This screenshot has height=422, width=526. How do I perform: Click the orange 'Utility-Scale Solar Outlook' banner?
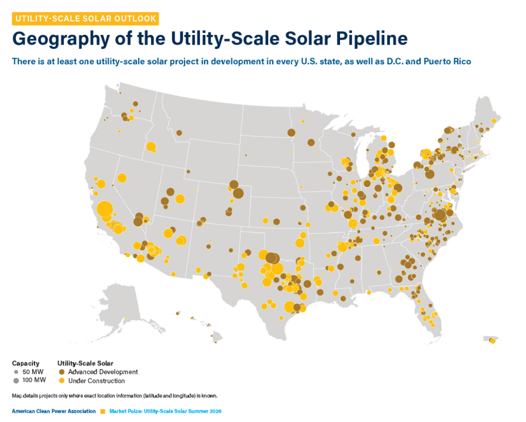coord(85,19)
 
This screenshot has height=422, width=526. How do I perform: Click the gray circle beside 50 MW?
coord(16,372)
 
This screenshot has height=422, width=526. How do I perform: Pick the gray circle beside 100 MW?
coord(16,381)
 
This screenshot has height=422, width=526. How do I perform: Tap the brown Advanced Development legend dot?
coord(62,372)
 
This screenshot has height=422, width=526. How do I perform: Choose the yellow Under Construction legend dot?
coord(62,381)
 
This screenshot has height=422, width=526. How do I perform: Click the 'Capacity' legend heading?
coord(26,363)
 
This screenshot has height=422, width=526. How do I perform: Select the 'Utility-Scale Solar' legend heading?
coord(85,363)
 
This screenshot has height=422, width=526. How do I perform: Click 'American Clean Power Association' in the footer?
coord(53,411)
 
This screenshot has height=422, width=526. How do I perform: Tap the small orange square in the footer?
coord(103,412)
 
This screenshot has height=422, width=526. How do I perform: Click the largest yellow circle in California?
coord(105,209)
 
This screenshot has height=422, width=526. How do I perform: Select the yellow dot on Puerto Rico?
coord(493,341)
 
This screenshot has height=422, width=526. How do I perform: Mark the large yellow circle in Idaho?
coord(151,146)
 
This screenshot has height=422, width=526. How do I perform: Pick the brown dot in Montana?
coord(179,133)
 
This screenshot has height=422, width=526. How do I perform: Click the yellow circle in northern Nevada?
coord(122,178)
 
